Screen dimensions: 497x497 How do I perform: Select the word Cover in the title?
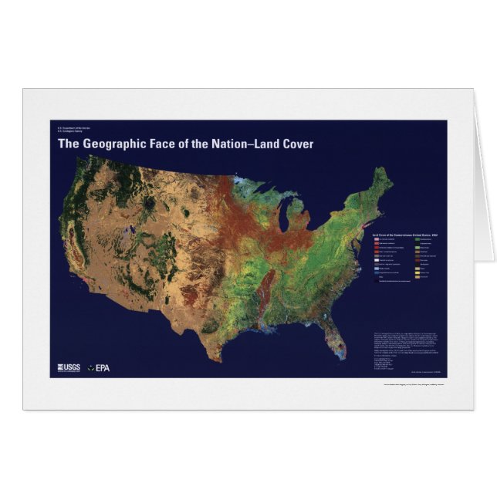tap(297, 144)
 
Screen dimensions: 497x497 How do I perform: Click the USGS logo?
tap(69, 367)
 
